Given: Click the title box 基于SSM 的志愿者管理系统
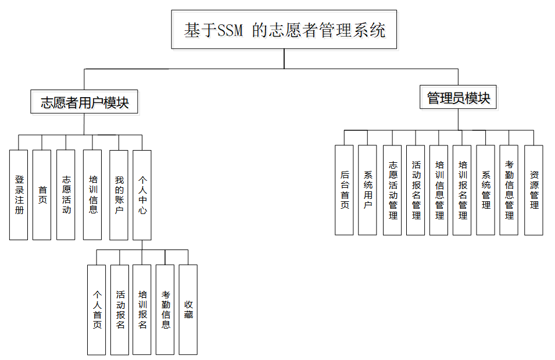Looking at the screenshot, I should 284,30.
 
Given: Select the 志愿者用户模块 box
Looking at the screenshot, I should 84,103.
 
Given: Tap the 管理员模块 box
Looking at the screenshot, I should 458,98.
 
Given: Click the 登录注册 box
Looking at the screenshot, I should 19,194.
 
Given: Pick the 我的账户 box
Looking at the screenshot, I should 119,194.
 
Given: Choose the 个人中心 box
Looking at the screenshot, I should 142,194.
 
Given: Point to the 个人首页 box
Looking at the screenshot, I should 96,309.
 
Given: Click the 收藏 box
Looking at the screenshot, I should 188,309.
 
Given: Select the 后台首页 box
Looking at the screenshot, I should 344,190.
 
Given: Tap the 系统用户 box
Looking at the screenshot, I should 367,190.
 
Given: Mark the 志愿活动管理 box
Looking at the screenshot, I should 392,190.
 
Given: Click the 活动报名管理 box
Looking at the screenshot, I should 416,190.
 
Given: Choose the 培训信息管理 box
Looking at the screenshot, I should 439,190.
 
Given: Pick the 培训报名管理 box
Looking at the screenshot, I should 462,190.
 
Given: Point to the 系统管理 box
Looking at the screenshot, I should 485,190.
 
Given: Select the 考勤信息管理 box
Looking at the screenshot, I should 509,190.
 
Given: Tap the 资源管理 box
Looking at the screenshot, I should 533,190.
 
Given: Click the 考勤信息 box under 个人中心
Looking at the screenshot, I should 165,309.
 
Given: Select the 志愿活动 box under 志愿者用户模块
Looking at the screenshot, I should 66,194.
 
